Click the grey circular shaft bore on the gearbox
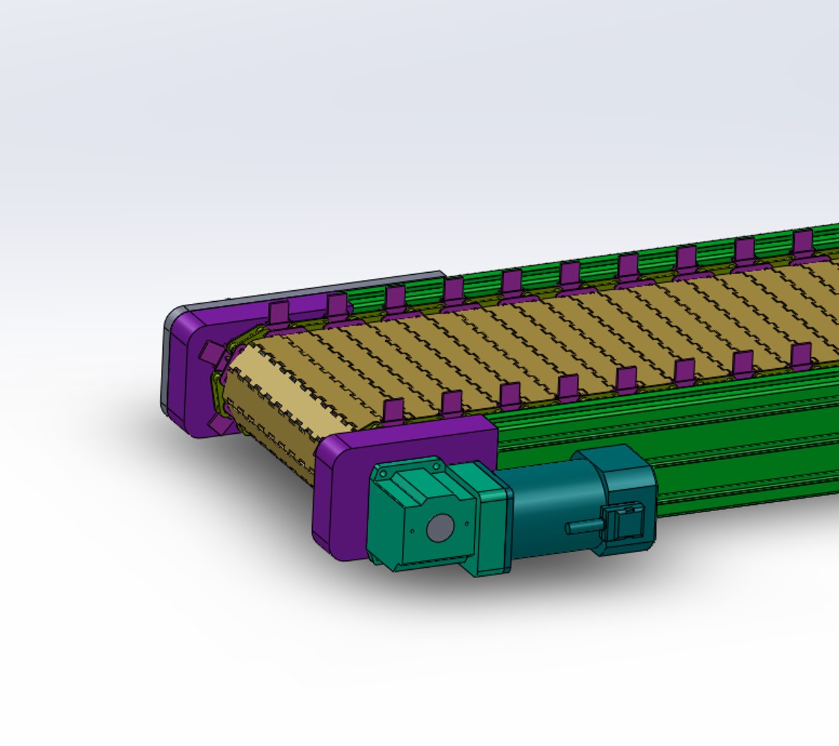point(438,529)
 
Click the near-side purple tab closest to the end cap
point(392,410)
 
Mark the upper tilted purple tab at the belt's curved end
point(208,353)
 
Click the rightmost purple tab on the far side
point(802,242)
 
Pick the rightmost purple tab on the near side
point(801,354)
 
